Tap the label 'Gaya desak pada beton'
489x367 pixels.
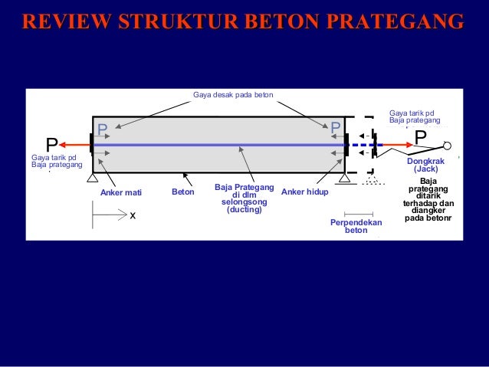(232, 95)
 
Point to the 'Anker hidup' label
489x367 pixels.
(304, 192)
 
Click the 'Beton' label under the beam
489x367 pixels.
(183, 192)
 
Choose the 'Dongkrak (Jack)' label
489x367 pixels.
(425, 165)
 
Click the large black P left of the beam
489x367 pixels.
(51, 144)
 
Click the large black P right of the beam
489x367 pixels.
(421, 136)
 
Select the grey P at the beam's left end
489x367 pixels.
(102, 129)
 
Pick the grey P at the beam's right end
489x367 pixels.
(336, 128)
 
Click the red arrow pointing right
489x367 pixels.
(392, 144)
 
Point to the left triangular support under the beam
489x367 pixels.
(93, 179)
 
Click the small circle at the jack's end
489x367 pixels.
(448, 146)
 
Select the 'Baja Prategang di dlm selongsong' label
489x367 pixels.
(244, 198)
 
